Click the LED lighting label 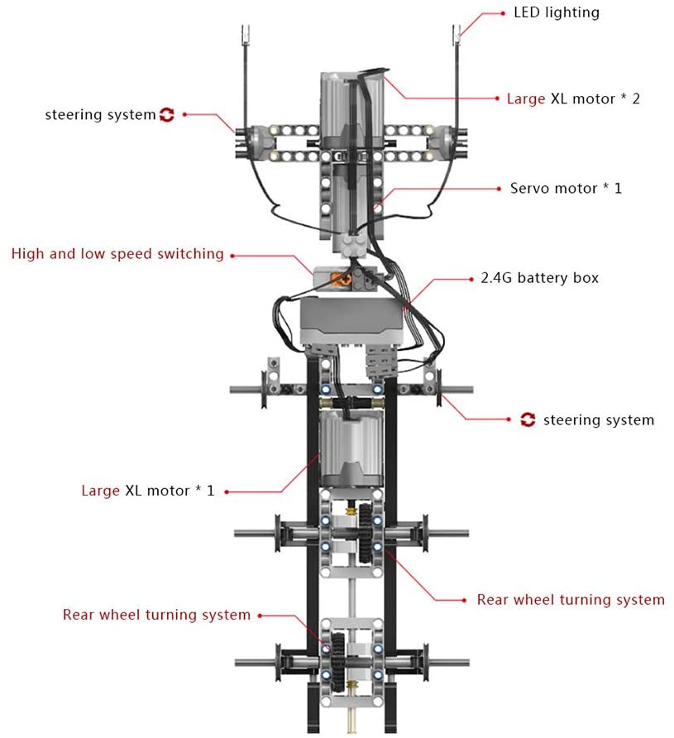pos(557,12)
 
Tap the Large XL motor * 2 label pos(573,98)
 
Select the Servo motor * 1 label pos(566,189)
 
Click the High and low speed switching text pos(117,254)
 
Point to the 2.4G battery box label pos(539,278)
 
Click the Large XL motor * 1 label pos(148,491)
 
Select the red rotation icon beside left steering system pos(167,115)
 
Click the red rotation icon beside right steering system pos(528,419)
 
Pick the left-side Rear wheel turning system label pos(156,615)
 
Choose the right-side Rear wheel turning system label pos(571,600)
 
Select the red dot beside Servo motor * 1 pos(500,189)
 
